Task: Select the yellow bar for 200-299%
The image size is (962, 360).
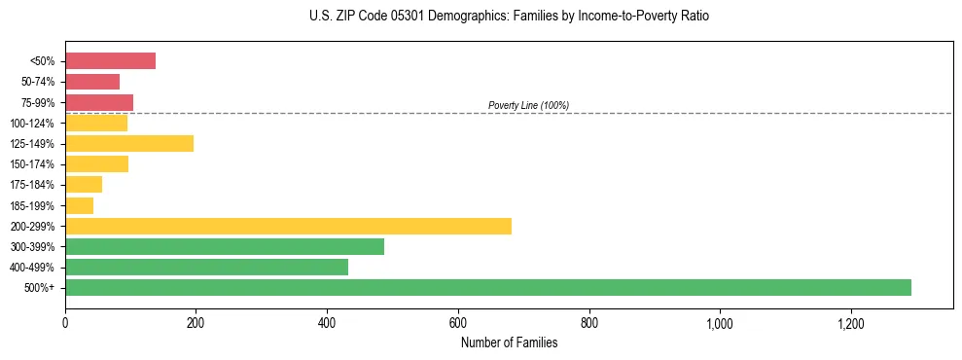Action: point(288,226)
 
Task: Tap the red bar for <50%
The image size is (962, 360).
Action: point(110,61)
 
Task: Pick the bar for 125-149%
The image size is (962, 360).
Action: point(129,144)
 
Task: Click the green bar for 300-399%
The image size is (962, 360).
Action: point(225,246)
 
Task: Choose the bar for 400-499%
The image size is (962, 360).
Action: point(206,267)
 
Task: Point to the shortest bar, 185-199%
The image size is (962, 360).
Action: point(79,205)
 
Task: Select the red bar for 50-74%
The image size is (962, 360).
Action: point(92,82)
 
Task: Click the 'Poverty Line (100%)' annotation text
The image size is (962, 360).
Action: point(528,105)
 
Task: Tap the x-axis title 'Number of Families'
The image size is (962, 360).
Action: point(509,342)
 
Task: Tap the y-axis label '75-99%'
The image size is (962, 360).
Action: point(37,103)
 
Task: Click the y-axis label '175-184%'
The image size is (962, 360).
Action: point(32,185)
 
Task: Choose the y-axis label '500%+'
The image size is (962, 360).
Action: point(39,288)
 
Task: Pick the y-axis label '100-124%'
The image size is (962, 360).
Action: point(32,124)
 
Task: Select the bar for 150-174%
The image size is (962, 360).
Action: point(96,164)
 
